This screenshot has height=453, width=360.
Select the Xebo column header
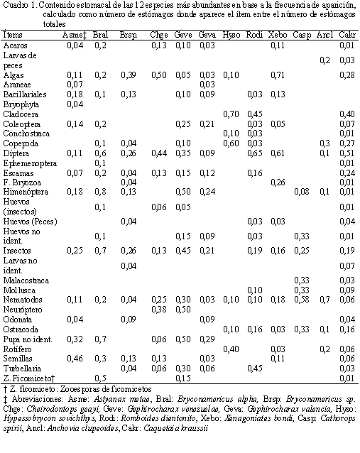click(x=278, y=35)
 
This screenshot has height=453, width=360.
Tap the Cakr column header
click(x=347, y=35)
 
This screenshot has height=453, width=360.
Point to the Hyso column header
click(x=231, y=36)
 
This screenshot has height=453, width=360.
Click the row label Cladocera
click(x=21, y=114)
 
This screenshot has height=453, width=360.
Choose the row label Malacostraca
click(x=26, y=280)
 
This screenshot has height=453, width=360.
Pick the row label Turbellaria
click(x=22, y=369)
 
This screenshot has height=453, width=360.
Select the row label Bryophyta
click(x=21, y=104)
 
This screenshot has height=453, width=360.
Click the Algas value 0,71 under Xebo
click(x=278, y=75)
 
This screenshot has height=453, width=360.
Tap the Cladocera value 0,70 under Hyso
click(x=231, y=114)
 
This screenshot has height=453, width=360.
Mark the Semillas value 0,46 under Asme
click(x=75, y=359)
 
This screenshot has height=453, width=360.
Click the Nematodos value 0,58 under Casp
click(x=302, y=300)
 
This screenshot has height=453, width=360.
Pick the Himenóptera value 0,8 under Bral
click(x=100, y=192)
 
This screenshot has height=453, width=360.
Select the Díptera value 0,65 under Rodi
click(x=254, y=153)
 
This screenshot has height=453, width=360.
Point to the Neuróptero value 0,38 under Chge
click(x=159, y=310)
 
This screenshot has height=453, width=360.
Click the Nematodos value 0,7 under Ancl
click(x=324, y=300)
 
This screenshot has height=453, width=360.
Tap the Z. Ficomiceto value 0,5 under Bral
click(x=100, y=378)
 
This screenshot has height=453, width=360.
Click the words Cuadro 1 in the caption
click(x=19, y=5)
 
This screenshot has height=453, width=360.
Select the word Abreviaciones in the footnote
click(x=37, y=399)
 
